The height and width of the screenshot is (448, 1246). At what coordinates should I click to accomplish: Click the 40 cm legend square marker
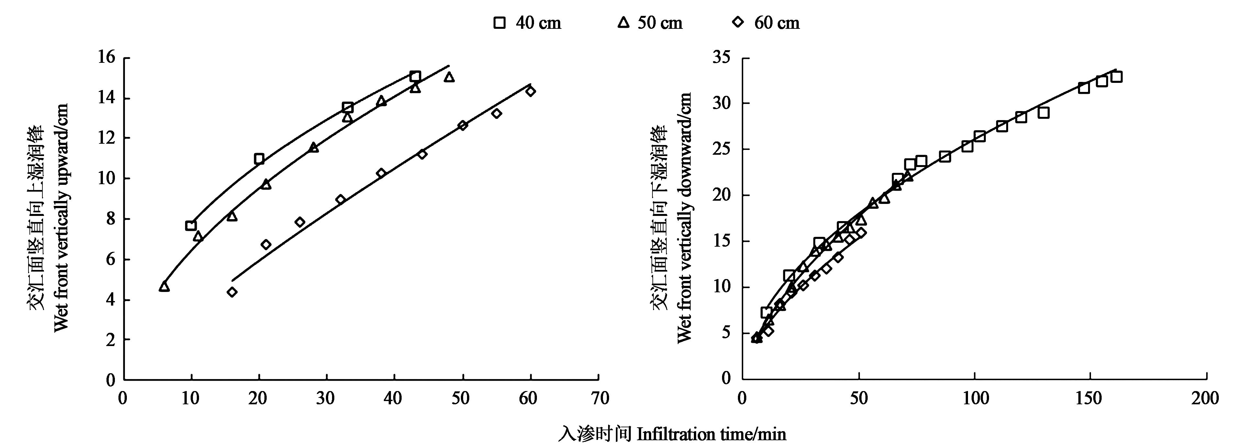tap(499, 23)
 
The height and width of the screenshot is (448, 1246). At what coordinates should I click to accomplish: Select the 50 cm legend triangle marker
tap(623, 22)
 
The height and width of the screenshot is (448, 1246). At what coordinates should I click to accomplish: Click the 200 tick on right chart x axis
tap(1206, 398)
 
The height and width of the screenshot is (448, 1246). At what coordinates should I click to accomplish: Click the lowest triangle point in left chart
tap(164, 287)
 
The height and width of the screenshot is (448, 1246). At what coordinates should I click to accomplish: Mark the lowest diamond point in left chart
tap(232, 292)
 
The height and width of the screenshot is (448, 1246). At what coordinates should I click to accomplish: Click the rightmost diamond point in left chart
tap(531, 91)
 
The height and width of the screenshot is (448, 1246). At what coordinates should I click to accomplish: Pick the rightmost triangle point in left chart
tap(449, 77)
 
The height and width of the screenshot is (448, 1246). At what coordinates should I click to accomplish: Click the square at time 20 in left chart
tap(259, 159)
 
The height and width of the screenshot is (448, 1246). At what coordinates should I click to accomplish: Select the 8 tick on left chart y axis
tap(110, 219)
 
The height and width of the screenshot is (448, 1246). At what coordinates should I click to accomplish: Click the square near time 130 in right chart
tap(1043, 113)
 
